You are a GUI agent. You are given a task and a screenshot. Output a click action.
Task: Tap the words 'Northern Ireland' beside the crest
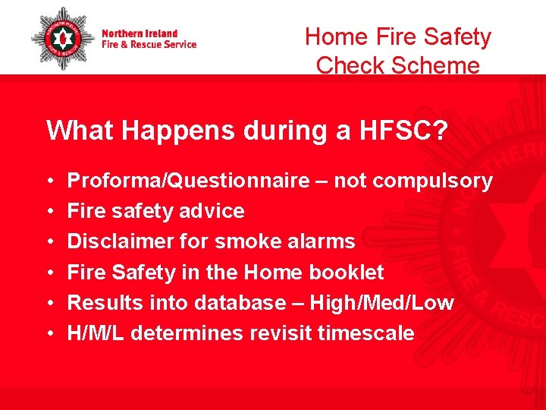(140, 33)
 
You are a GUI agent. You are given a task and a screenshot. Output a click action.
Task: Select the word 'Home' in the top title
(333, 36)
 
